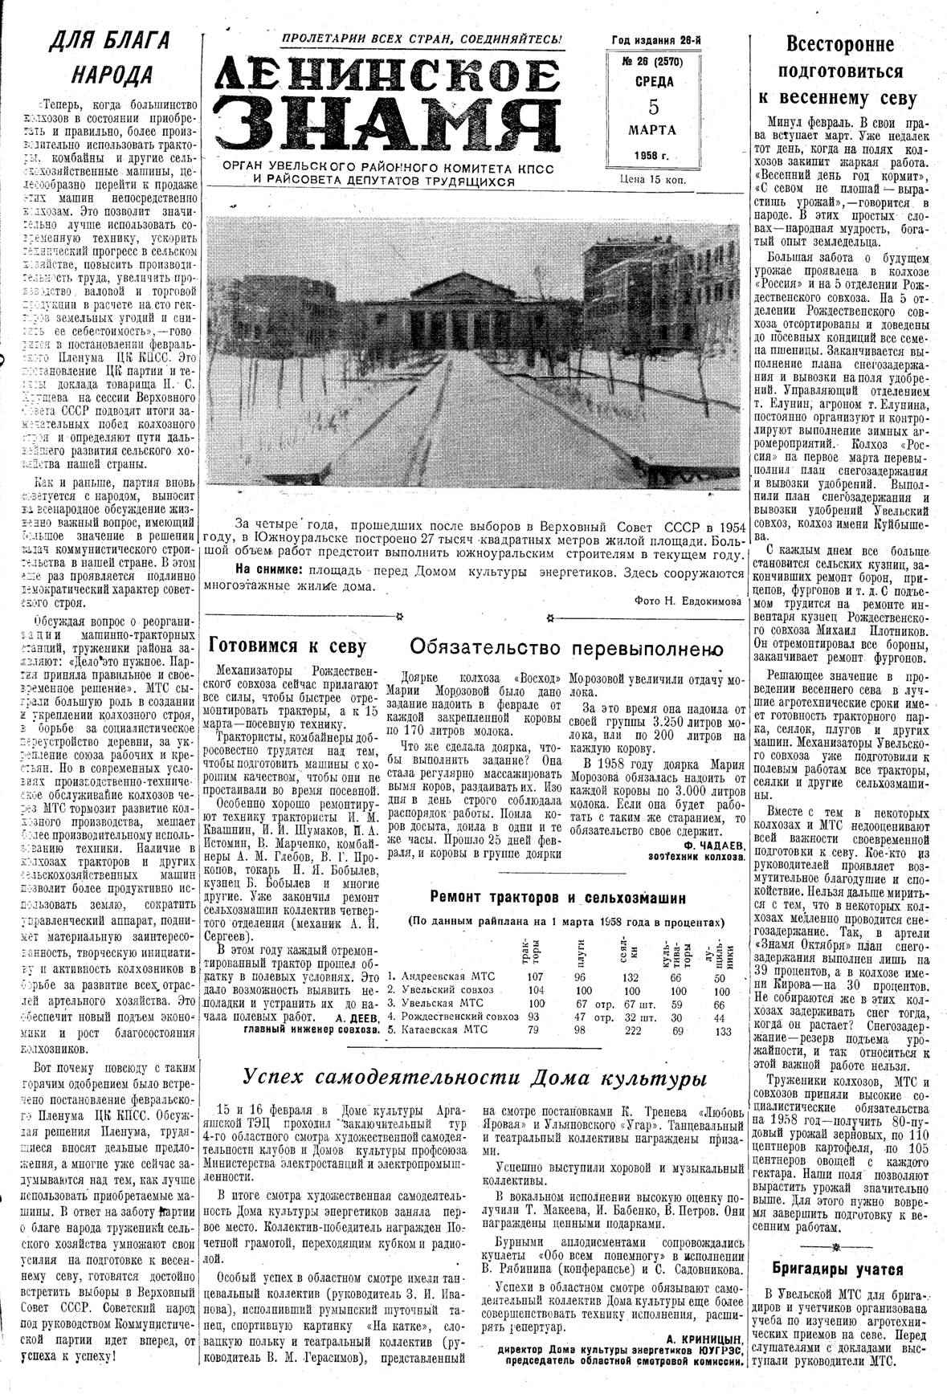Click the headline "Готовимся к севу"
[x=288, y=646]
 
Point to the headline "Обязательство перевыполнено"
[x=567, y=647]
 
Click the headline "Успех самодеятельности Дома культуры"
[x=475, y=1078]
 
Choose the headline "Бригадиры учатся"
[x=837, y=1270]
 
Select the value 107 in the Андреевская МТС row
[x=535, y=976]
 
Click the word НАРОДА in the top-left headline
[x=112, y=74]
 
